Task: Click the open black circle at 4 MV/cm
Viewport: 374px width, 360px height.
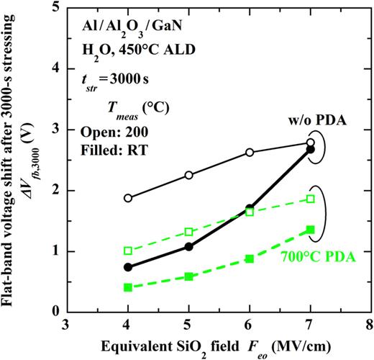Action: pyautogui.click(x=128, y=198)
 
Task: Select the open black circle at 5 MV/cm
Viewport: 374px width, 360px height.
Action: pyautogui.click(x=189, y=175)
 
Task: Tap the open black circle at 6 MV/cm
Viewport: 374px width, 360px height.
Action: pyautogui.click(x=250, y=152)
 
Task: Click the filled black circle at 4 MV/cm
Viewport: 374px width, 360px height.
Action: pyautogui.click(x=128, y=267)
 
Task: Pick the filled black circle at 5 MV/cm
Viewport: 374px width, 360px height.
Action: pyautogui.click(x=189, y=246)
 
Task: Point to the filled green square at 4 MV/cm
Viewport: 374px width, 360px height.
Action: pyautogui.click(x=128, y=287)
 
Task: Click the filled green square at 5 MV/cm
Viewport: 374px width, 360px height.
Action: pyautogui.click(x=189, y=276)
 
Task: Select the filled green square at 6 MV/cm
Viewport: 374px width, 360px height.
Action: pyautogui.click(x=250, y=258)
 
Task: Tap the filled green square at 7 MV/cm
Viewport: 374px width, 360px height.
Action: pyautogui.click(x=311, y=230)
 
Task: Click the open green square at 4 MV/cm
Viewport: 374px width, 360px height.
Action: pyautogui.click(x=128, y=251)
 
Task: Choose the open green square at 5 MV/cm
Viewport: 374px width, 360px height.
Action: pyautogui.click(x=189, y=232)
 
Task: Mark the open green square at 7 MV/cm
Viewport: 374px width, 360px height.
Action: pyautogui.click(x=311, y=199)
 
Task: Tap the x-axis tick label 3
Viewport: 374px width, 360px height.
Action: pyautogui.click(x=67, y=324)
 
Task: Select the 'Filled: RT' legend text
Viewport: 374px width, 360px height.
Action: pyautogui.click(x=113, y=148)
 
